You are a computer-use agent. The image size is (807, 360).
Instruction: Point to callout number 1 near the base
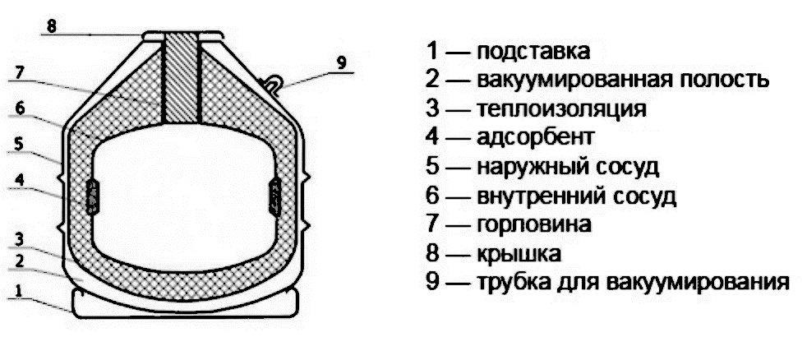[x=20, y=288]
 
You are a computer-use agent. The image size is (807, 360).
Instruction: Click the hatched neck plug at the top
[x=181, y=78]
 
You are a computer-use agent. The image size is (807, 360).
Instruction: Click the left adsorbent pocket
[x=93, y=196]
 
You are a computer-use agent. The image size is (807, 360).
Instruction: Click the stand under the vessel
[x=182, y=303]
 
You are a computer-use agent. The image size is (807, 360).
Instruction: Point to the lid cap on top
[x=182, y=35]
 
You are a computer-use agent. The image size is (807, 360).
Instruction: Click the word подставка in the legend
[x=533, y=51]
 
